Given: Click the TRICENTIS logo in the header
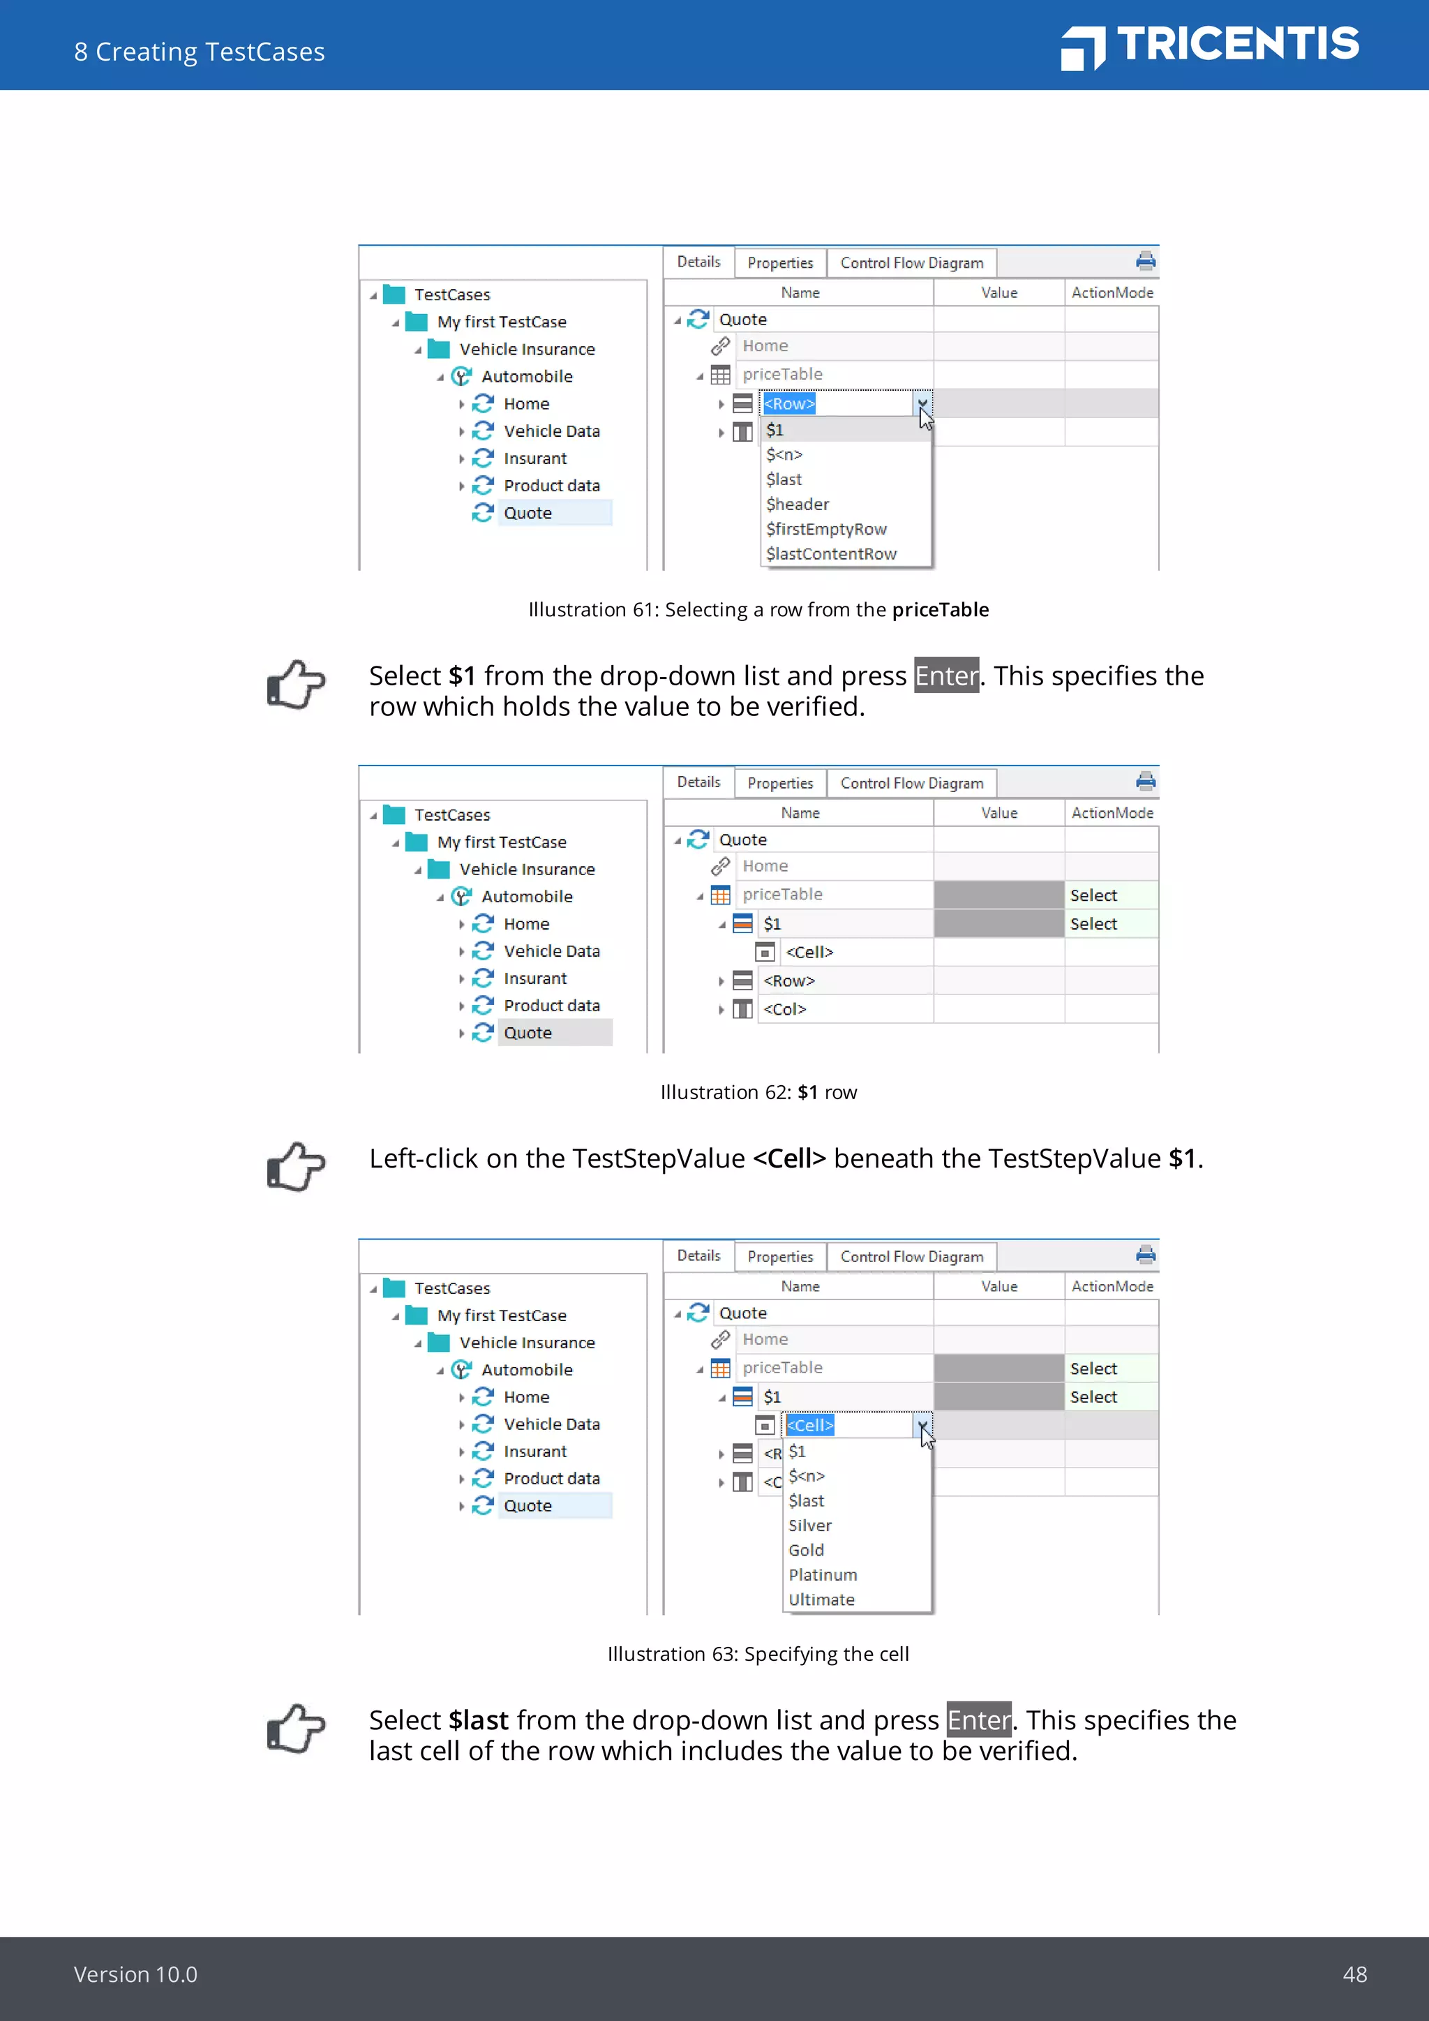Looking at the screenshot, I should pos(1210,46).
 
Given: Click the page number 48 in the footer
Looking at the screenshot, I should pos(1354,1974).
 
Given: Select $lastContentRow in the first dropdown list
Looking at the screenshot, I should pos(830,553).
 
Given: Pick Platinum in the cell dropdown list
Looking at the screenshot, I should pos(822,1575).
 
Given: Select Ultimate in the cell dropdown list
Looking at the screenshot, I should pos(821,1599).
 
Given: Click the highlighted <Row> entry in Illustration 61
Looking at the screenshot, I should pos(789,404).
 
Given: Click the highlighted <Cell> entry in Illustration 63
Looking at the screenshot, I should pos(809,1425).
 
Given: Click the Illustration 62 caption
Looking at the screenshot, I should pos(758,1092).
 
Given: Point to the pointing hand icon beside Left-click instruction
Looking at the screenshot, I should pos(296,1166).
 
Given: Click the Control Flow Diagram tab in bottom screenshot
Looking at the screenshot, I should pos(911,1257).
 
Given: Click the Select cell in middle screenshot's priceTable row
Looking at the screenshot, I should pos(1093,895).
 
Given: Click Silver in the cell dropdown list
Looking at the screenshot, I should pos(809,1526).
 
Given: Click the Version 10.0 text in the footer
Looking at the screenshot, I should pos(135,1974).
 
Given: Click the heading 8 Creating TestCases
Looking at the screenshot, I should pos(200,52).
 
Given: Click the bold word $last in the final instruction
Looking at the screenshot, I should pos(479,1720).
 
